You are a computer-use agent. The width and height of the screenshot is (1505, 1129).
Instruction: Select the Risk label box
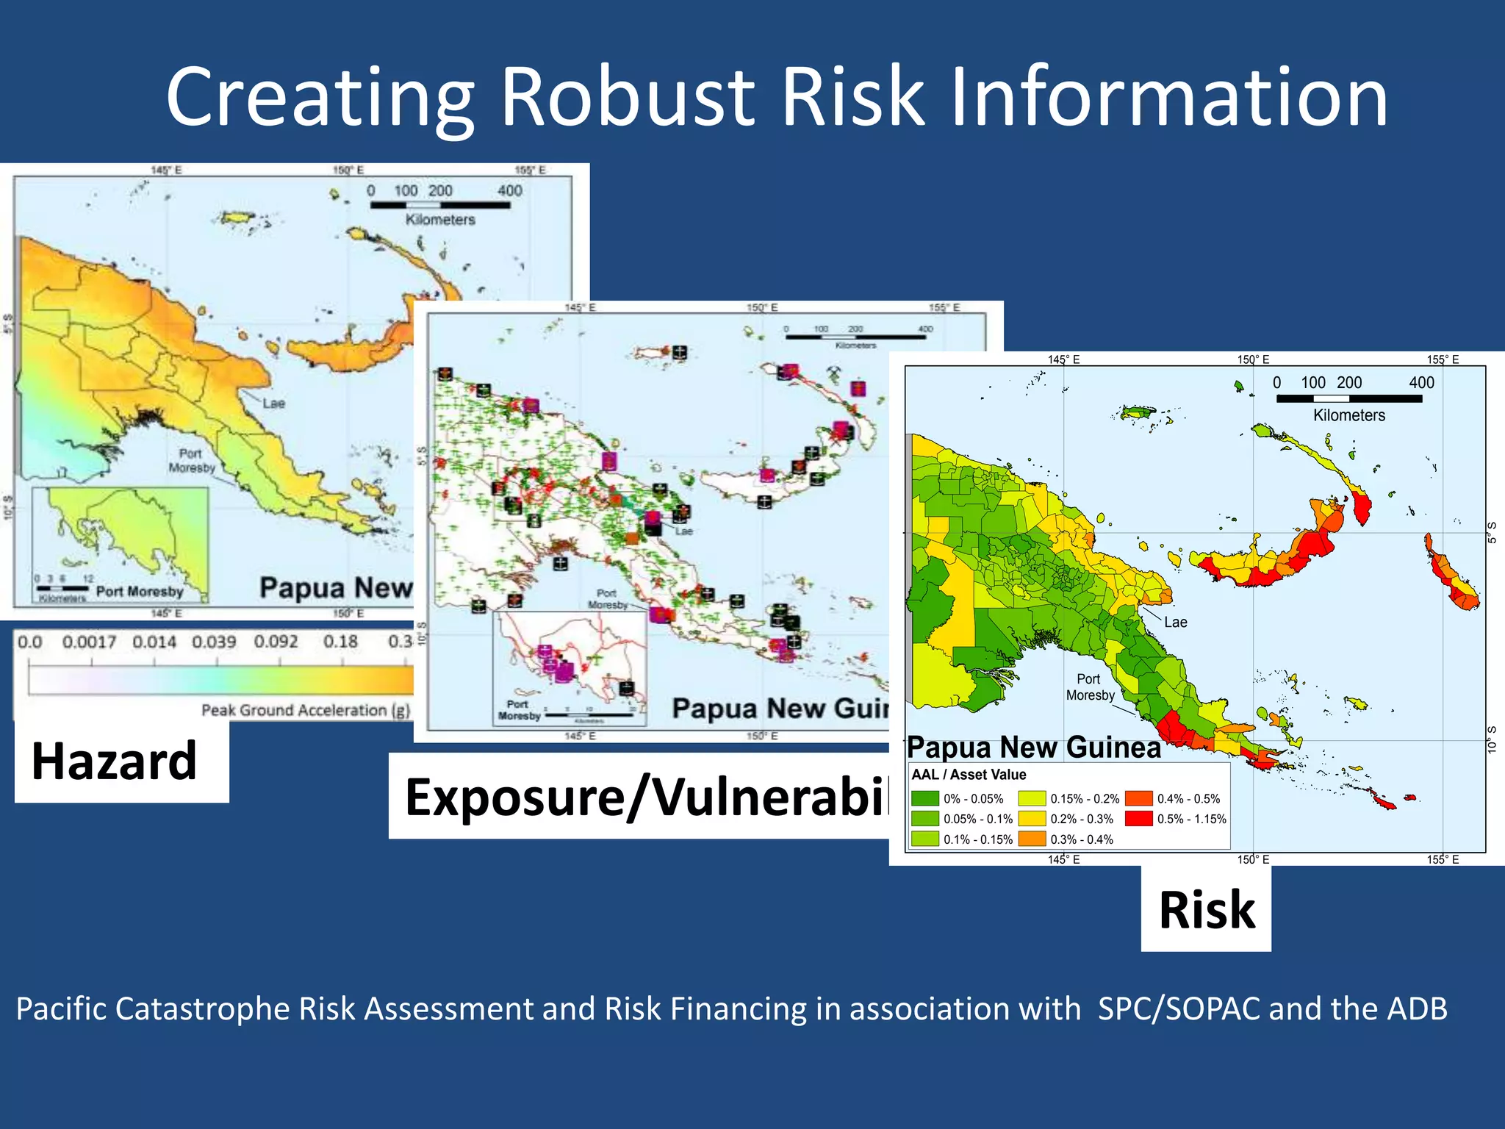1206,910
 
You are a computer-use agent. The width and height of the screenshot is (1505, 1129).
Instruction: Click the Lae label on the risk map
1175,622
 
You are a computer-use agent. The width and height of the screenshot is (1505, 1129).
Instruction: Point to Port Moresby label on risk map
1090,687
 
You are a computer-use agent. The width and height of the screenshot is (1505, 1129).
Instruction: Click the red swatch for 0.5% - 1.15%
1138,819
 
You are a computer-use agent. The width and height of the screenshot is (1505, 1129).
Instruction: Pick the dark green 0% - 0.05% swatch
924,798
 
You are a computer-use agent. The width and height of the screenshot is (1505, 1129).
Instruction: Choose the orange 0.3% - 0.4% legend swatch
1031,839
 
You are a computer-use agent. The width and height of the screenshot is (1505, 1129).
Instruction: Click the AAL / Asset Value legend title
969,775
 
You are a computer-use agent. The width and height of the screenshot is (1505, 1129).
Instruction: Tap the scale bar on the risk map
1348,398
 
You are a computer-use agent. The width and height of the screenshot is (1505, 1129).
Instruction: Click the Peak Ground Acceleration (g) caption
305,710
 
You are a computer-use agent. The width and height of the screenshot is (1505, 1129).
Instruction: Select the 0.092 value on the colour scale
276,642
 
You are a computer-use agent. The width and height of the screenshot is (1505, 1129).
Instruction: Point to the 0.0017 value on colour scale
89,642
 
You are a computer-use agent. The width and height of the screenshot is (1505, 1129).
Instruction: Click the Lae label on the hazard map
273,403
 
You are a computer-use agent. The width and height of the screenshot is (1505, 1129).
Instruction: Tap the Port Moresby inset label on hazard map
139,591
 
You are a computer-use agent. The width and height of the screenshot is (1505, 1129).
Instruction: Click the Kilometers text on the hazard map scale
440,219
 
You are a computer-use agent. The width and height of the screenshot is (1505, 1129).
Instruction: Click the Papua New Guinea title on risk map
1033,747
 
